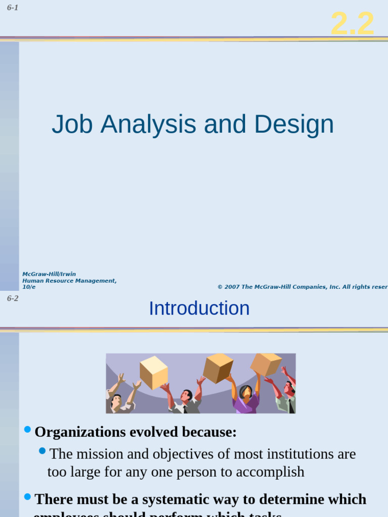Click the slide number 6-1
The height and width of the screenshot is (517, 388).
pyautogui.click(x=13, y=8)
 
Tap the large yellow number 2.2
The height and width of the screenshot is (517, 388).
pyautogui.click(x=353, y=23)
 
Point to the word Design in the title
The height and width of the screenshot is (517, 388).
pyautogui.click(x=294, y=125)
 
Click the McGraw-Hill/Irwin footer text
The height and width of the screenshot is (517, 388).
pyautogui.click(x=49, y=274)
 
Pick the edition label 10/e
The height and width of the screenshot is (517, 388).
pyautogui.click(x=29, y=287)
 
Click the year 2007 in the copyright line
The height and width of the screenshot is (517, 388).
pyautogui.click(x=232, y=287)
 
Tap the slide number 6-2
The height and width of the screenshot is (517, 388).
pyautogui.click(x=13, y=298)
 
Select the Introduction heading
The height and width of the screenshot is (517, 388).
pyautogui.click(x=199, y=308)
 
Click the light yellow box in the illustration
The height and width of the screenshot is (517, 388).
pyautogui.click(x=153, y=372)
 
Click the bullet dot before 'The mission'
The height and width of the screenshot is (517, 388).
pyautogui.click(x=42, y=451)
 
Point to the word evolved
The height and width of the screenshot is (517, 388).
pyautogui.click(x=147, y=432)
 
